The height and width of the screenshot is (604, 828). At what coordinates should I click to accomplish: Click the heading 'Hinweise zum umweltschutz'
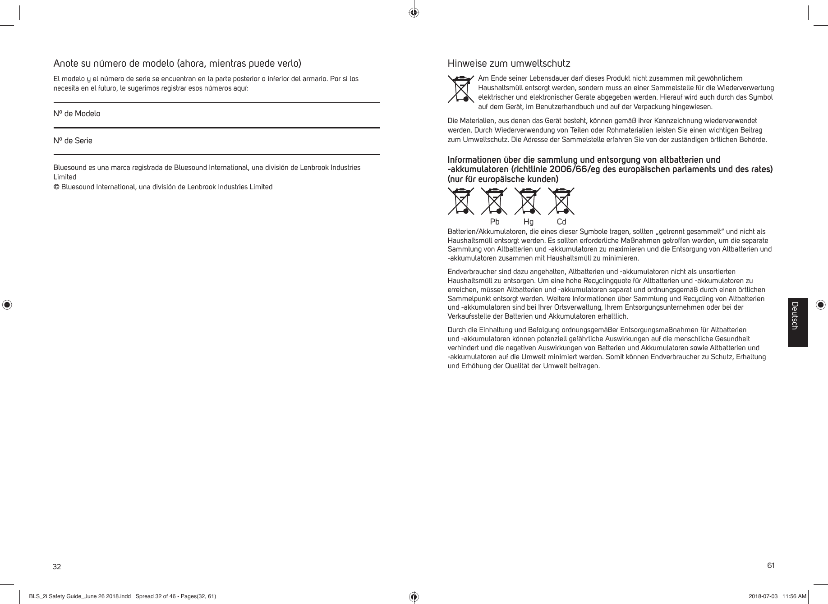[x=508, y=63]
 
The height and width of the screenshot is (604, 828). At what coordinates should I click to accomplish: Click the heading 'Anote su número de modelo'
[x=177, y=63]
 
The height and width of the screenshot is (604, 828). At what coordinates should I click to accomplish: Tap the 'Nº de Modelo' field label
[x=77, y=114]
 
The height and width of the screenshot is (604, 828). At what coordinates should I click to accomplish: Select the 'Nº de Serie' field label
[x=73, y=141]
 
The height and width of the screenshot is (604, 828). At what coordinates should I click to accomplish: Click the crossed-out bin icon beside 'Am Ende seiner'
[x=461, y=89]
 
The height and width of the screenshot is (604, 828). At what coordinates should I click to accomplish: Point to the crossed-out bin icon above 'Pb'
[x=494, y=201]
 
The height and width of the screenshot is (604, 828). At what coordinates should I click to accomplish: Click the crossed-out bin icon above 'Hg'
[x=528, y=201]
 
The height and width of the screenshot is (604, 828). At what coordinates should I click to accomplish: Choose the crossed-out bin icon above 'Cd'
[x=561, y=201]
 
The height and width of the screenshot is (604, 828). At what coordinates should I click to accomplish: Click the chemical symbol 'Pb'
[x=495, y=222]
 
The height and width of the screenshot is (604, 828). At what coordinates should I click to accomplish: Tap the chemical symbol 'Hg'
[x=528, y=222]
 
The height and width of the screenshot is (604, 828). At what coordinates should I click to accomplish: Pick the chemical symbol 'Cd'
[x=561, y=222]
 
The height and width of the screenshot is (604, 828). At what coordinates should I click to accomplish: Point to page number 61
[x=771, y=565]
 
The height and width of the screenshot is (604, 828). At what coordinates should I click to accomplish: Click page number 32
[x=57, y=567]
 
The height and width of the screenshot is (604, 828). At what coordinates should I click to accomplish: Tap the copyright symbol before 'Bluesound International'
[x=56, y=187]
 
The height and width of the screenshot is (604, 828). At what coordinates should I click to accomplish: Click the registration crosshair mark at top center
[x=414, y=13]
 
